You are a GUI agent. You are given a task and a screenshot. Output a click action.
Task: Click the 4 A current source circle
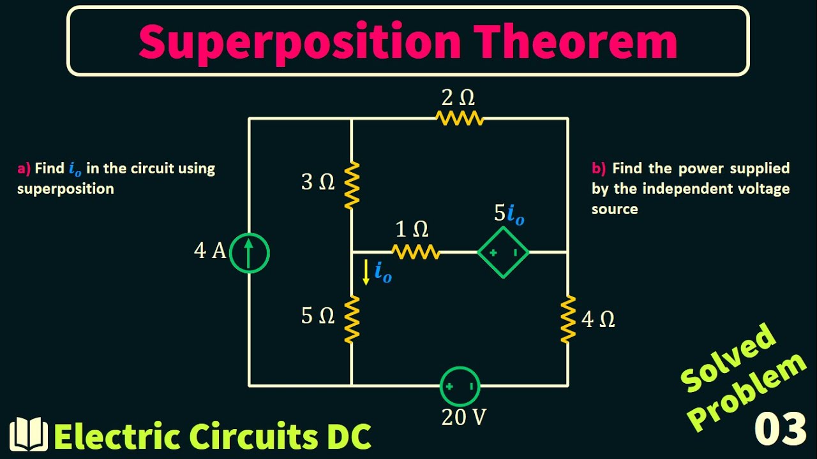click(249, 253)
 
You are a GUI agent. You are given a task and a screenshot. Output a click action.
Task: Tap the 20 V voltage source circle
click(460, 386)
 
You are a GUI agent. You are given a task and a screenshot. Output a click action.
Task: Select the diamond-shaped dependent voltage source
click(504, 253)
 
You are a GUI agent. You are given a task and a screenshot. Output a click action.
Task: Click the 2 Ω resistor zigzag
click(460, 118)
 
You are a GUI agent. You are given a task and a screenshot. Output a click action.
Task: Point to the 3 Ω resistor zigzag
click(351, 185)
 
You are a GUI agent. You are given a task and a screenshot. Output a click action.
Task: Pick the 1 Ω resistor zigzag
click(416, 252)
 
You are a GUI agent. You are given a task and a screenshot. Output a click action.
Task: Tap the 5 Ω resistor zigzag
click(351, 319)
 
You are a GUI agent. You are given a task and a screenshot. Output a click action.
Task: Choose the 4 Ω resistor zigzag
click(567, 319)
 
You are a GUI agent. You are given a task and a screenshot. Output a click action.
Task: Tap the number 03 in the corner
click(780, 429)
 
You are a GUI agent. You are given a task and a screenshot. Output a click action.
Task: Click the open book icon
click(29, 435)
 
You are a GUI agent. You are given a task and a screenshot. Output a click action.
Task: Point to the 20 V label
click(463, 417)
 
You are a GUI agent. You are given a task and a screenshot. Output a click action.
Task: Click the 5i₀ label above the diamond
click(509, 214)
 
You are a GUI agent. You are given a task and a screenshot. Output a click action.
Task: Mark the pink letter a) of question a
click(24, 169)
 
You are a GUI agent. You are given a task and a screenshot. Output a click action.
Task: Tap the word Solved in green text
click(728, 357)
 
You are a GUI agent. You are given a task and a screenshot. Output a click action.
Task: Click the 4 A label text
click(210, 251)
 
